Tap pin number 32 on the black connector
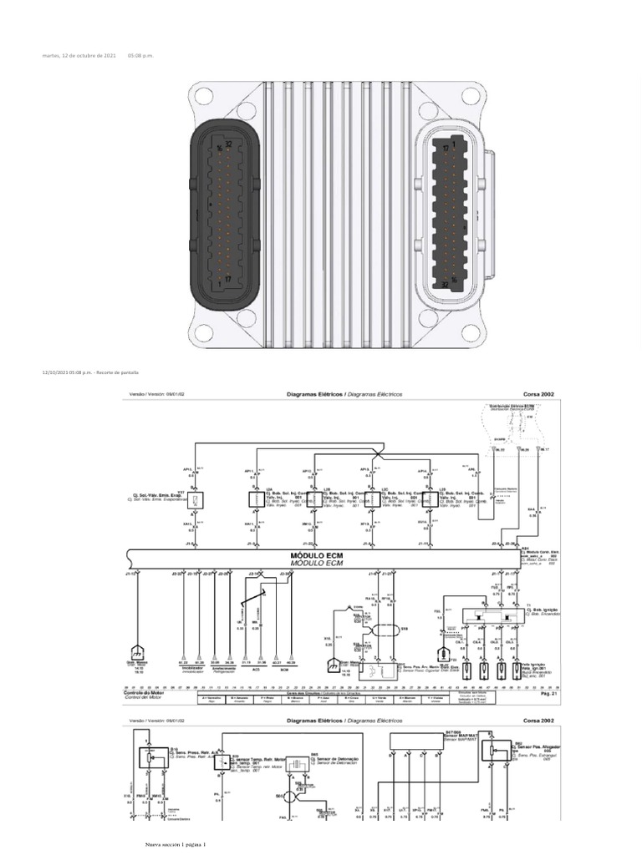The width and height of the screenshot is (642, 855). pyautogui.click(x=228, y=145)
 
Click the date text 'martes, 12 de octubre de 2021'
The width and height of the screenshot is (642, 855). pyautogui.click(x=79, y=55)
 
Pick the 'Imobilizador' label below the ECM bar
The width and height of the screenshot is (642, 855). pyautogui.click(x=194, y=667)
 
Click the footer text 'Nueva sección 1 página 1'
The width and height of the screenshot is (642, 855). pyautogui.click(x=176, y=844)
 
